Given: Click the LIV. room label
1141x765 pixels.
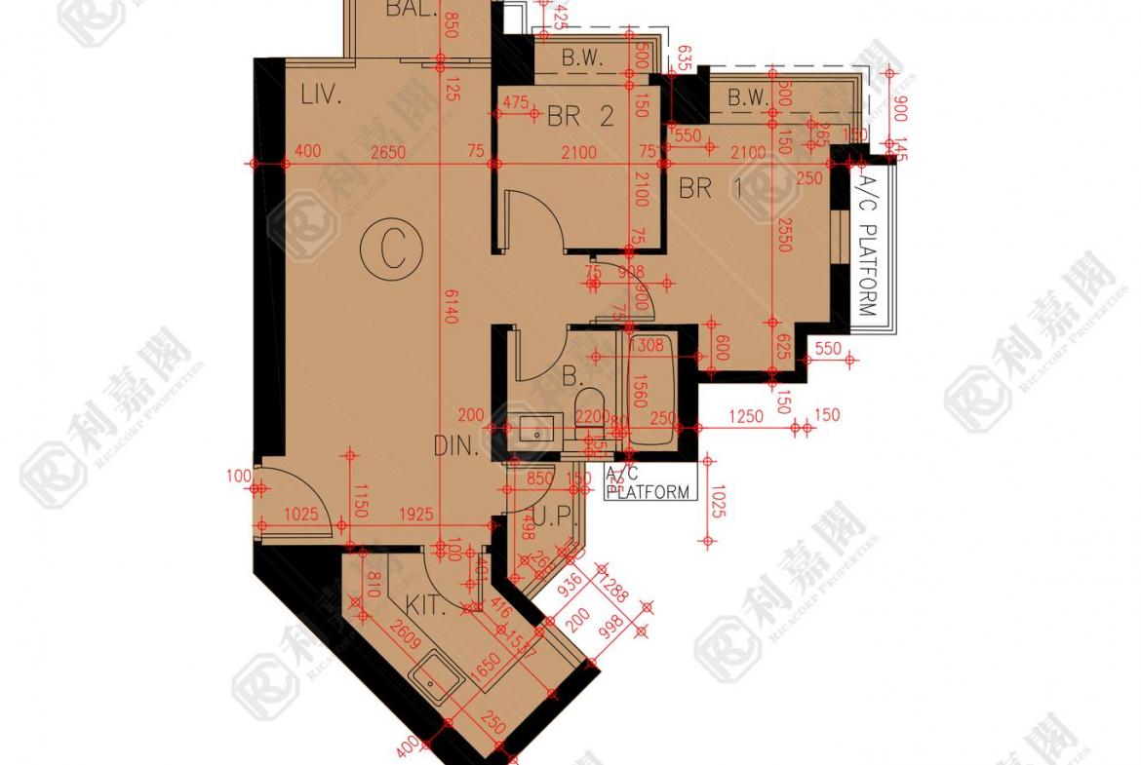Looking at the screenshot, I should pos(320,96).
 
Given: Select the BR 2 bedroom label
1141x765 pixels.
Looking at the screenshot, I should pos(580,118).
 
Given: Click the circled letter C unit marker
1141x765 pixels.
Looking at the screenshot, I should pos(391,250).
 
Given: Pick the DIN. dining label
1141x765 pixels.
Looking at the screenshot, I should pos(456,446).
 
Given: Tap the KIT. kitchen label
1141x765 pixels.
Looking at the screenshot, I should pos(426,606).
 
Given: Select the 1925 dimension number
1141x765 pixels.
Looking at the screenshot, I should pos(417,514).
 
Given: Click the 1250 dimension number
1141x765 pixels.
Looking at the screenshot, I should pos(746,416).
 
